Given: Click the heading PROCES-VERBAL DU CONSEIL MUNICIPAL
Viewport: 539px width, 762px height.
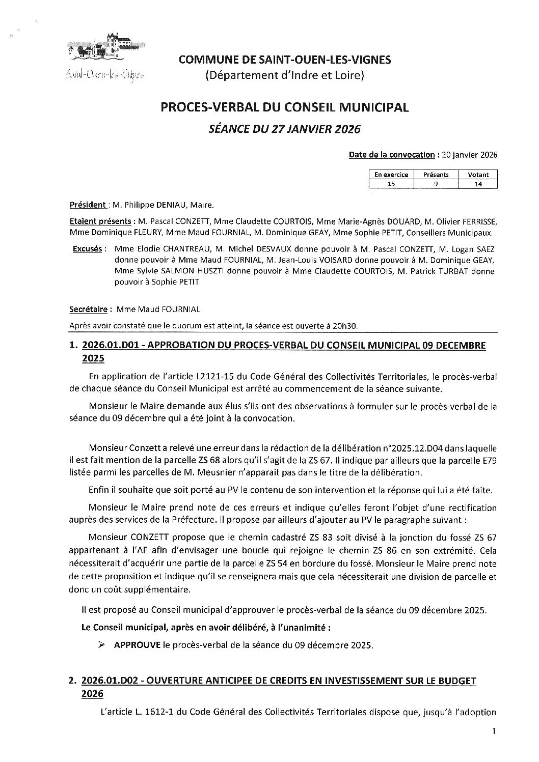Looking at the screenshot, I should tap(285, 107).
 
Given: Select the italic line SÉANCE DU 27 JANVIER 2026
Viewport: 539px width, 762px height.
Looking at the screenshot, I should tap(285, 129).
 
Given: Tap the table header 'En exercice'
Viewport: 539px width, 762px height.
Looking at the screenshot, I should tap(391, 175).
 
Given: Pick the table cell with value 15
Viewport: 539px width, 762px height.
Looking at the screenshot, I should tap(391, 184).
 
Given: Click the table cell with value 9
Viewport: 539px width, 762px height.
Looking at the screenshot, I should tap(436, 184).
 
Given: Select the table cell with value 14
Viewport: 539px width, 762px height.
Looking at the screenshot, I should tap(478, 184).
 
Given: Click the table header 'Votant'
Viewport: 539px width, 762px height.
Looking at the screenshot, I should tap(478, 175).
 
